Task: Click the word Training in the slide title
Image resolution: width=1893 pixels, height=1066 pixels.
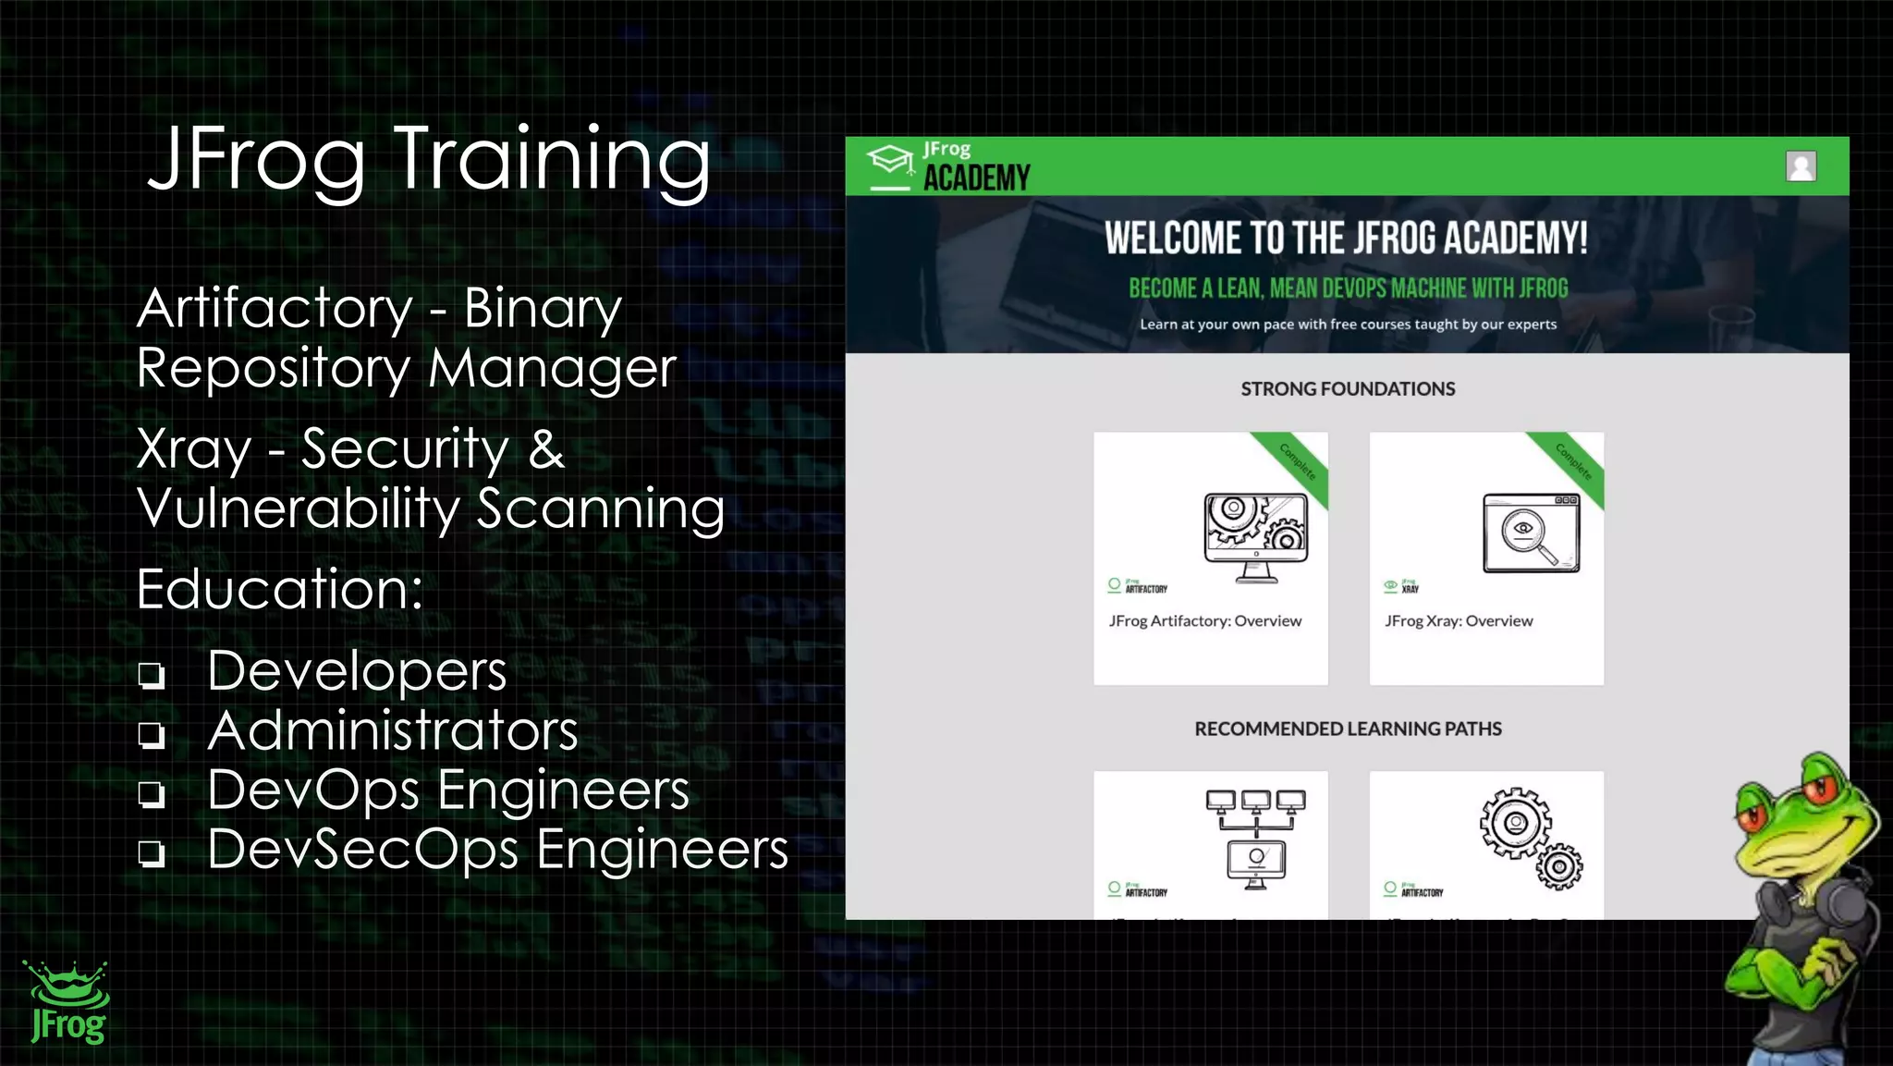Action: (x=552, y=159)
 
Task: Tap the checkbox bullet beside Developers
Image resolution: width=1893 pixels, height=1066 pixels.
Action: (x=152, y=675)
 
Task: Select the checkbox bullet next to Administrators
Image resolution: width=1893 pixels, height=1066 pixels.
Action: (x=152, y=735)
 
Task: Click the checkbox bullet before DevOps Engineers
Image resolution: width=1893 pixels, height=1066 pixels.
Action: (x=152, y=794)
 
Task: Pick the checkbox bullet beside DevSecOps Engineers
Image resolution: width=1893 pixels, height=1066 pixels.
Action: (x=152, y=852)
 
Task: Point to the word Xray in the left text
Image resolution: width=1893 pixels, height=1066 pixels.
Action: (x=194, y=450)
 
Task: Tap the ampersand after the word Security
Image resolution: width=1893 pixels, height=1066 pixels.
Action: (x=546, y=450)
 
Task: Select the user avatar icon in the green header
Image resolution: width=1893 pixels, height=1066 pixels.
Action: (x=1801, y=166)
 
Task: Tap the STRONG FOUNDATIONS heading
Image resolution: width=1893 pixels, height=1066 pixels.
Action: (x=1348, y=389)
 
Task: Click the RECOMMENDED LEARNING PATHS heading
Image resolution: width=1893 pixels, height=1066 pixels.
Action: (x=1348, y=729)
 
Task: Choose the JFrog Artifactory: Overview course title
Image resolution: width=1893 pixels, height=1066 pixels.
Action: (x=1205, y=621)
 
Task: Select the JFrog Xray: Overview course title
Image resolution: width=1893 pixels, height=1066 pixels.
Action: (x=1459, y=621)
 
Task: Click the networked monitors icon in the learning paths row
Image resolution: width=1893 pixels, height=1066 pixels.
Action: (x=1255, y=838)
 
